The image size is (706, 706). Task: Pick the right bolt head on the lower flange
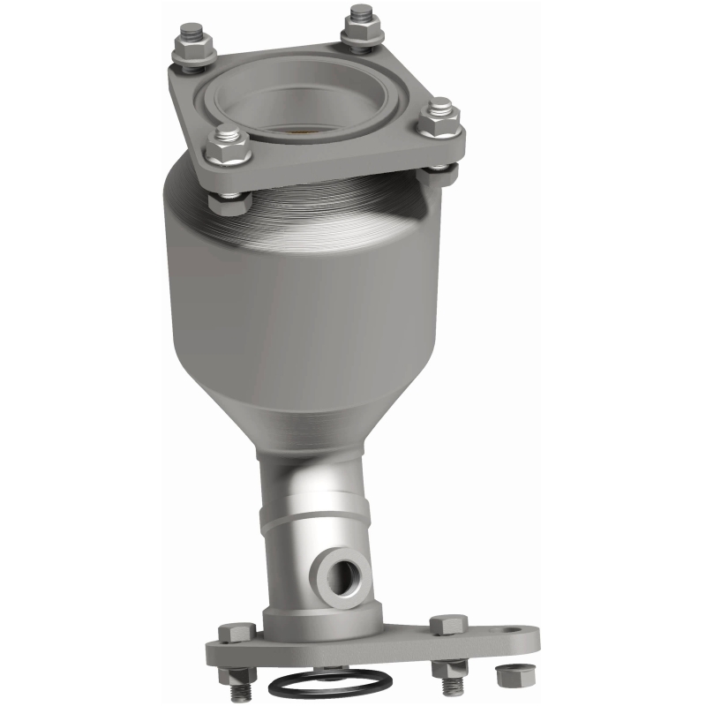coord(445,626)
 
